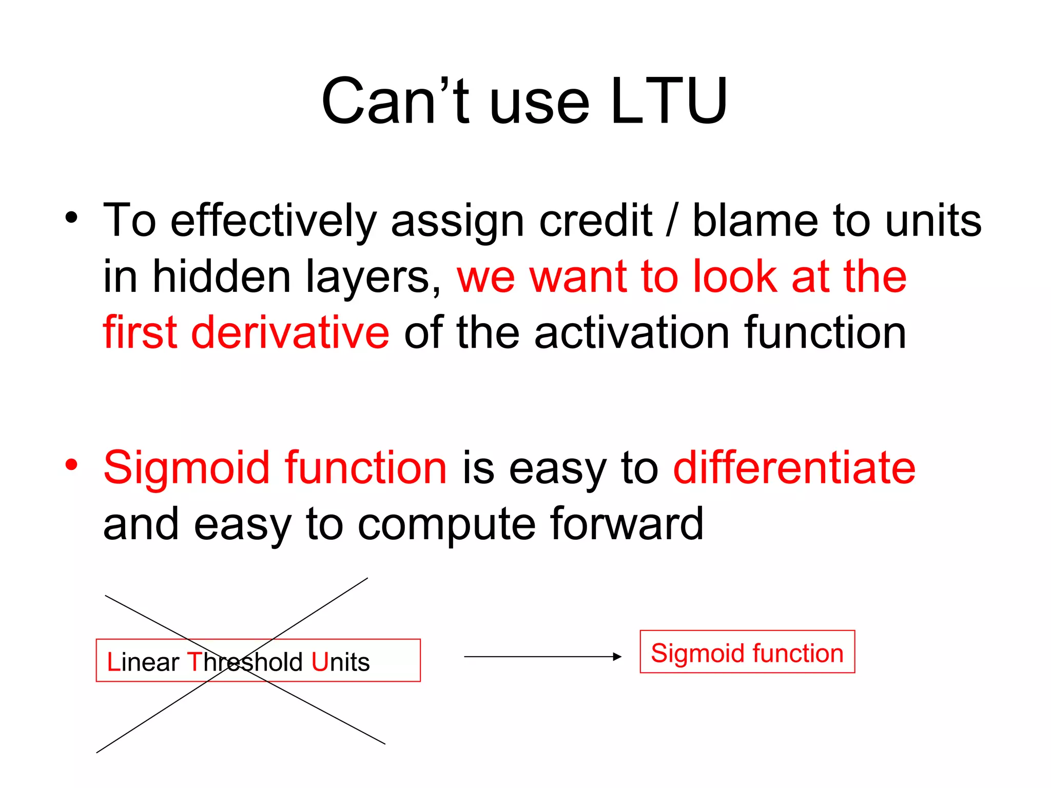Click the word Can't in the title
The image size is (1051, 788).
395,101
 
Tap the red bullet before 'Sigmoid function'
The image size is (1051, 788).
71,465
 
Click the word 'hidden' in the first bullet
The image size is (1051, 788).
222,277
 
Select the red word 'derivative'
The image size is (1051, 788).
290,333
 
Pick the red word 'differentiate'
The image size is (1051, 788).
794,468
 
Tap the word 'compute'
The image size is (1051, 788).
446,524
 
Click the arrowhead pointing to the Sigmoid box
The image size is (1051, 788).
617,657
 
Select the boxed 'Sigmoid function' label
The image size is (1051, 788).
747,653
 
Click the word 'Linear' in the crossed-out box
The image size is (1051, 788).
143,662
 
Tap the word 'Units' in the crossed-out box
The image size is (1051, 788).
340,662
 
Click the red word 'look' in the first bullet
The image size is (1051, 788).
735,277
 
